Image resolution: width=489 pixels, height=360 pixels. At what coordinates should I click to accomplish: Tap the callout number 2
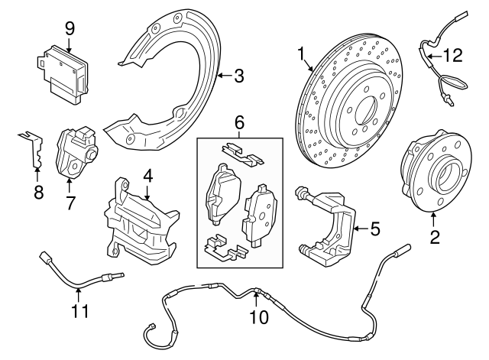(x=435, y=236)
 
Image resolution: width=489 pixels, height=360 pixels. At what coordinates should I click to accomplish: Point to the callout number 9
(x=70, y=28)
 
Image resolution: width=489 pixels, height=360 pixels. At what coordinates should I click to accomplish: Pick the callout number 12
(x=454, y=54)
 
